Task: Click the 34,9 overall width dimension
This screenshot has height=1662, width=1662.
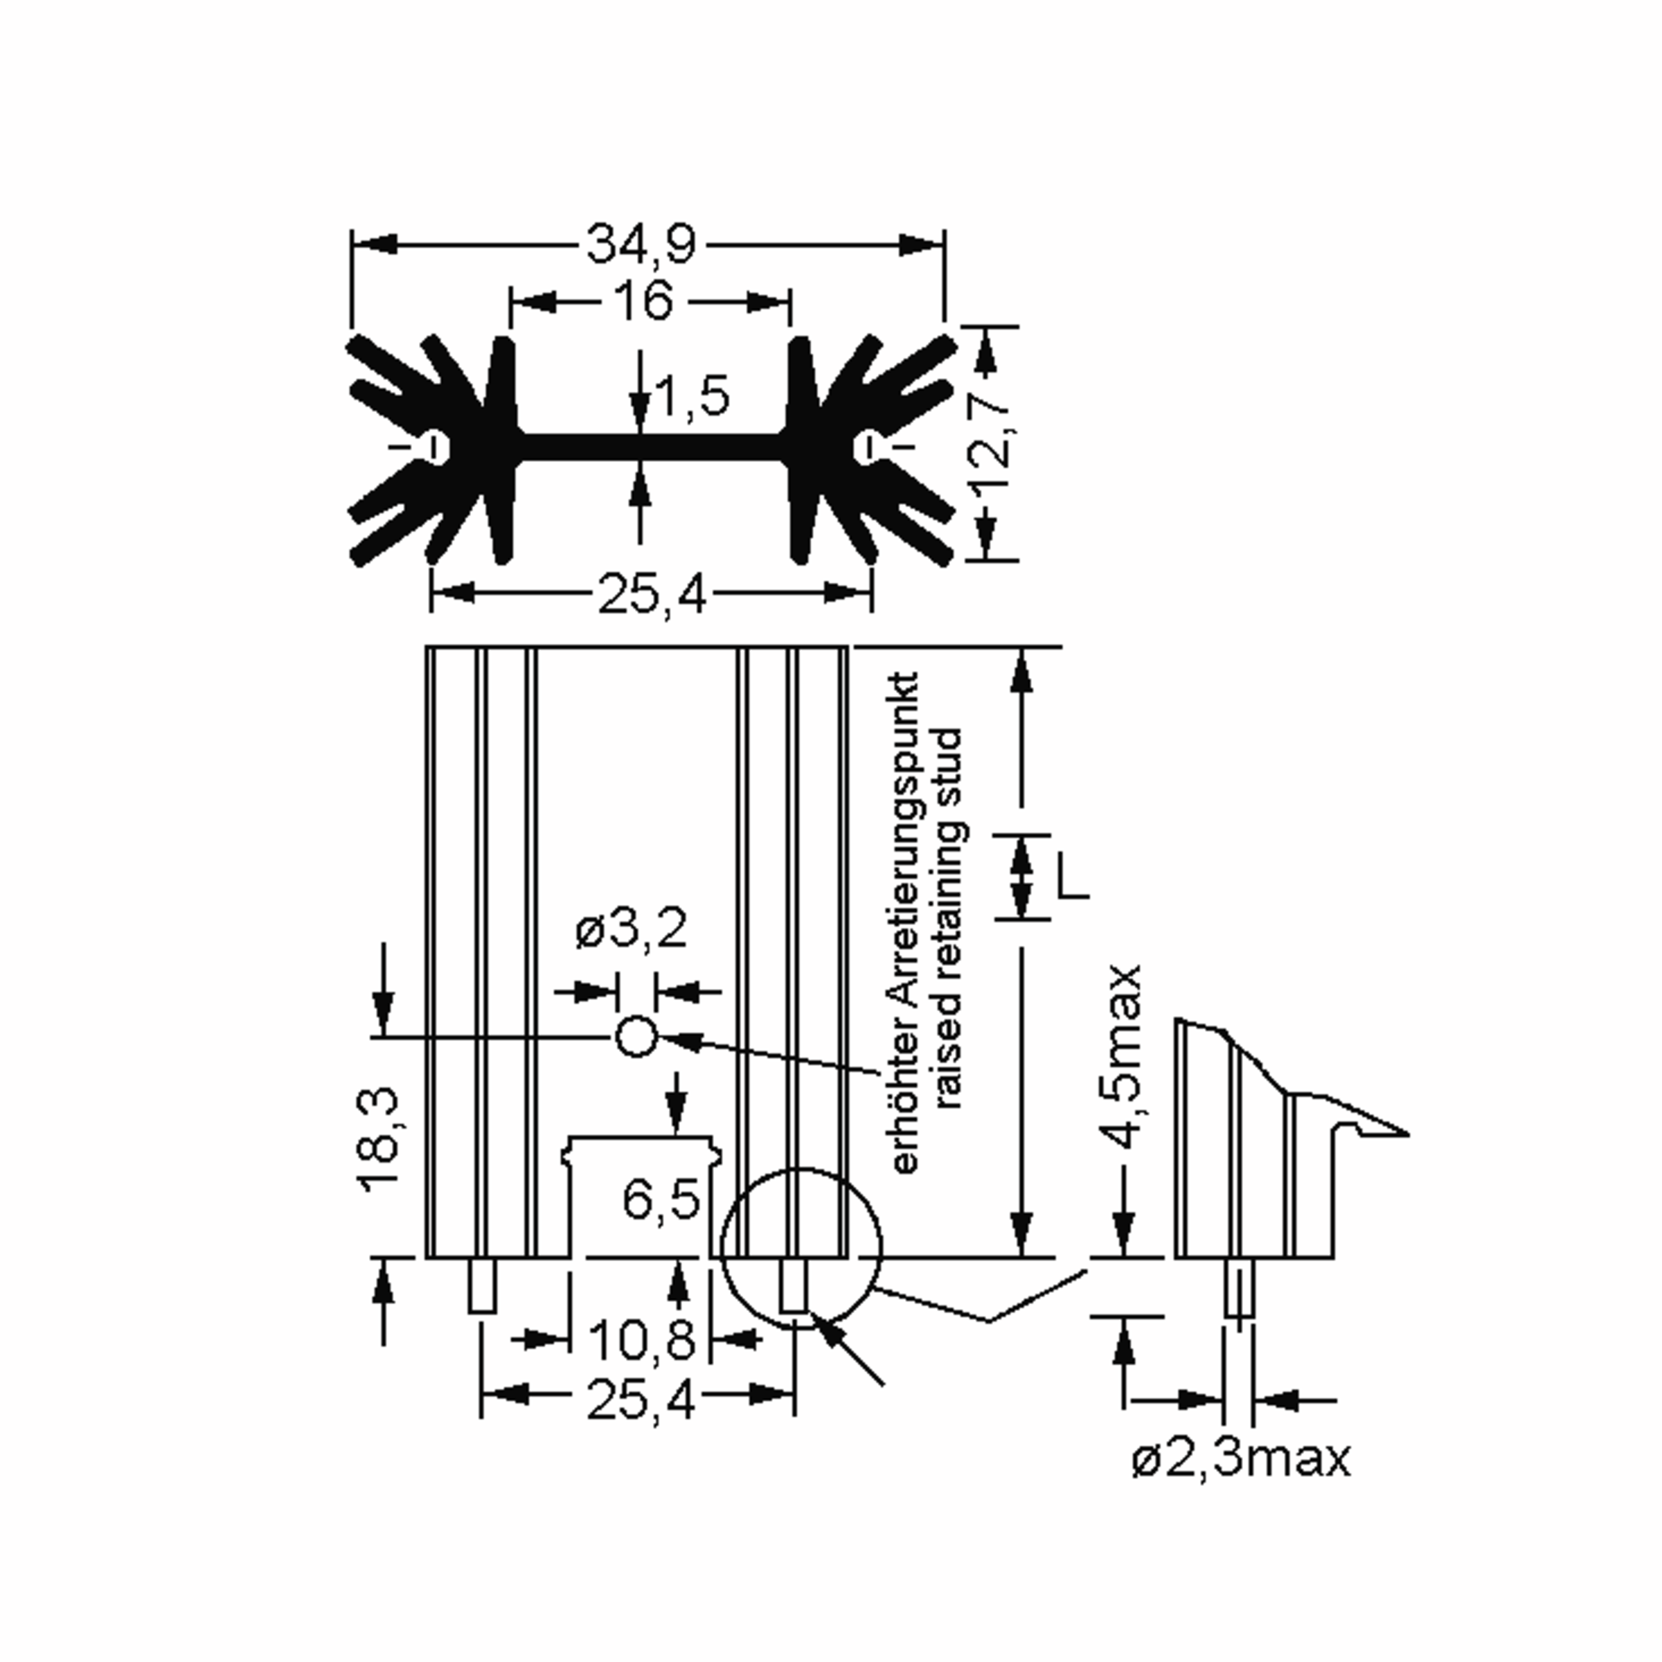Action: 641,244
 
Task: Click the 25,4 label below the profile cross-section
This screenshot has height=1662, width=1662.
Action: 651,593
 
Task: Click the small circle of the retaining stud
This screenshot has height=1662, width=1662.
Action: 636,1037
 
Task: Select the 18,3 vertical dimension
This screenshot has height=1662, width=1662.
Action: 380,1139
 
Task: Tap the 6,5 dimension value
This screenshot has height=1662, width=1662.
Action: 661,1199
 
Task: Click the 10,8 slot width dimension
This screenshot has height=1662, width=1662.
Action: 641,1339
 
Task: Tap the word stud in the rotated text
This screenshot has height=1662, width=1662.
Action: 949,766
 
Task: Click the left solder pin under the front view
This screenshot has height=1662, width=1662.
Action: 482,1286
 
